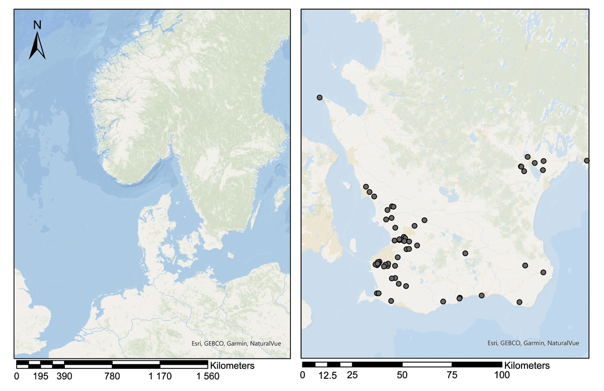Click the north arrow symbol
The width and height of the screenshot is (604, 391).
point(37,46)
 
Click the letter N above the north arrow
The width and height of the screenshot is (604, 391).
point(37,25)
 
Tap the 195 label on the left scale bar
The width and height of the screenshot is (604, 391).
point(40,375)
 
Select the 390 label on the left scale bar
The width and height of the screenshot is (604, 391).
point(64,375)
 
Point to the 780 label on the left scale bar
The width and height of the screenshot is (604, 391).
point(112,375)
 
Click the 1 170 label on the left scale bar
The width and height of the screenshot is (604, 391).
point(160,375)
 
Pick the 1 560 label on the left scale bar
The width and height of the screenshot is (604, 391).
point(206,375)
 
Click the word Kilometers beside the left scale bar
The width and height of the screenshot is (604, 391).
point(233,365)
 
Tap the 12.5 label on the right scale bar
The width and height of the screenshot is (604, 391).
point(327,375)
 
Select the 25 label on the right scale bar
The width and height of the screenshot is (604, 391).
point(352,375)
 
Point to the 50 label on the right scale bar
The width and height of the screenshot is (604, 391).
point(402,375)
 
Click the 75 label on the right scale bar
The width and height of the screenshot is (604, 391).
point(452,375)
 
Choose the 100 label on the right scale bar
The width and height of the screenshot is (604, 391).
point(501,375)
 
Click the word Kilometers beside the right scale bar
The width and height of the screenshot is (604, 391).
point(527,365)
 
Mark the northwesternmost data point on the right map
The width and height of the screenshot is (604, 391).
point(320,98)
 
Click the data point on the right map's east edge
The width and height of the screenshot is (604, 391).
point(586,161)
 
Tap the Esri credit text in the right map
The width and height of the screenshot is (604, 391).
point(533,343)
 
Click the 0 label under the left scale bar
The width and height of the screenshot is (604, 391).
point(17,375)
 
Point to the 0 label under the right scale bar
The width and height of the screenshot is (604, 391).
point(303,375)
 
